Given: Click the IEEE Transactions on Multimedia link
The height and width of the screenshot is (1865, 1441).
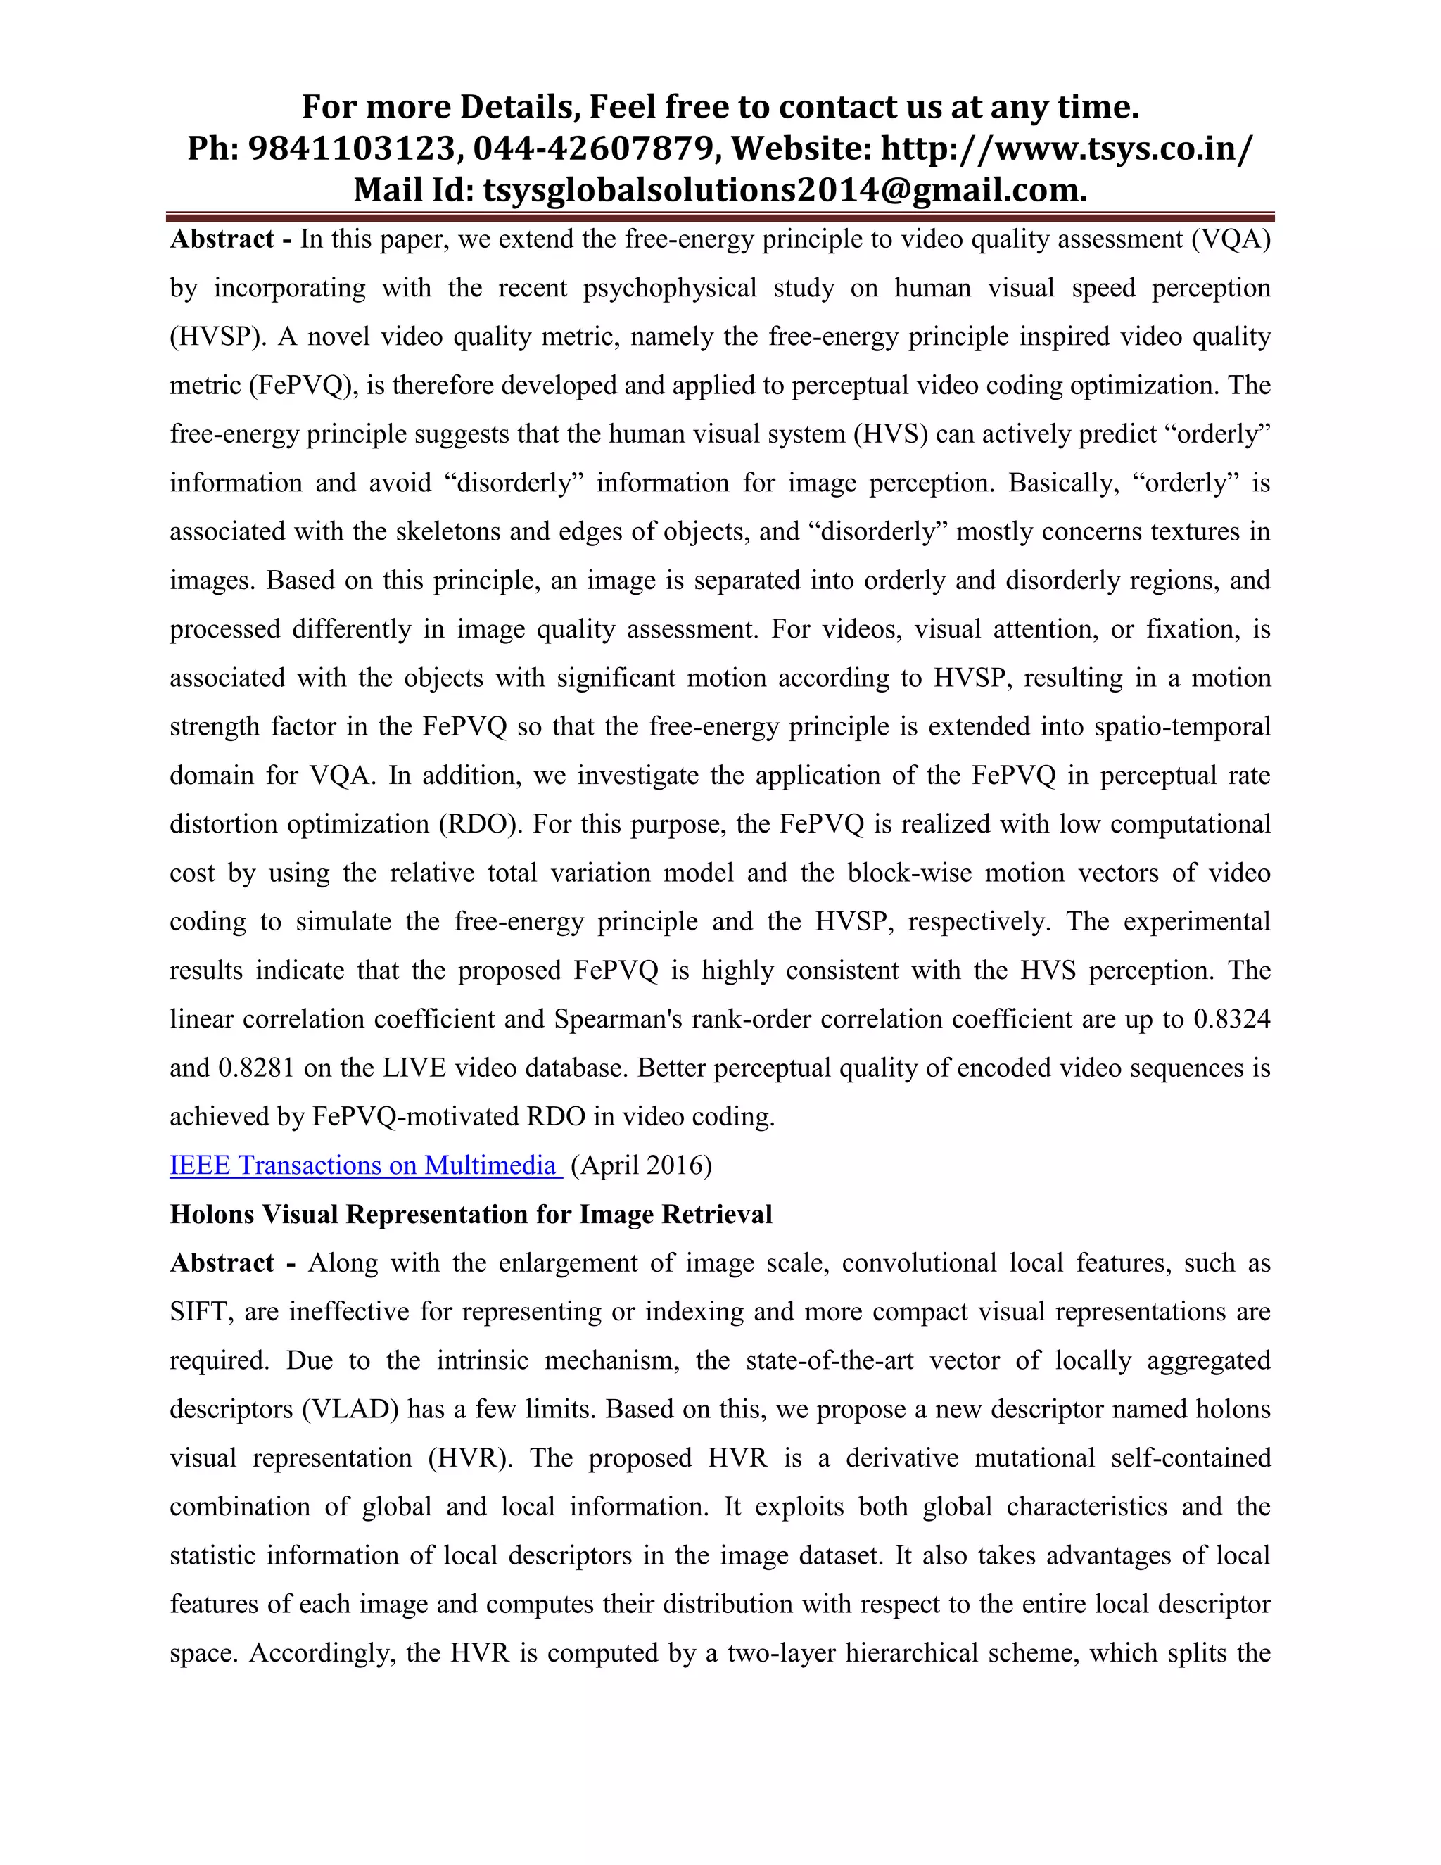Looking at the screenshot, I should [x=364, y=1165].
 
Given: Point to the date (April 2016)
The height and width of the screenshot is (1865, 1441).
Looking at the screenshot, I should [x=641, y=1165].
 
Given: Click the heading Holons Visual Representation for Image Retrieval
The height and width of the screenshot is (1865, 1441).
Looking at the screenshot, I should [x=471, y=1214].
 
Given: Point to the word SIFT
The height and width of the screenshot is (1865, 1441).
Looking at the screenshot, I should [x=201, y=1312].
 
